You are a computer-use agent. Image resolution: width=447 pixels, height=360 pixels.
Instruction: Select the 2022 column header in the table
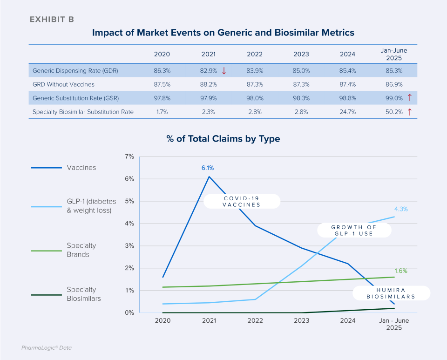pyautogui.click(x=255, y=54)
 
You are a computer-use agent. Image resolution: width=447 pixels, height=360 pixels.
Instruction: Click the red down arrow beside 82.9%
pyautogui.click(x=224, y=71)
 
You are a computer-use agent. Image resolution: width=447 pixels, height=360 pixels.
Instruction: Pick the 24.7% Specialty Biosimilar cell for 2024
pyautogui.click(x=347, y=112)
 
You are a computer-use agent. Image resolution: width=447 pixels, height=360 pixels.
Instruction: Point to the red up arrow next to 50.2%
pyautogui.click(x=410, y=112)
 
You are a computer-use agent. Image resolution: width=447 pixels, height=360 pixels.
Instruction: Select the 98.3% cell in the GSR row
pyautogui.click(x=301, y=98)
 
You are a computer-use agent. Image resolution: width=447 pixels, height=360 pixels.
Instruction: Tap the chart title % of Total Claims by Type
pyautogui.click(x=223, y=139)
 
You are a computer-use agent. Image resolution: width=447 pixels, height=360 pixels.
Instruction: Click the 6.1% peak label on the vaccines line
pyautogui.click(x=208, y=168)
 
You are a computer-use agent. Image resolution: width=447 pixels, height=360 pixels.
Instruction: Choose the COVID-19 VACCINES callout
pyautogui.click(x=242, y=201)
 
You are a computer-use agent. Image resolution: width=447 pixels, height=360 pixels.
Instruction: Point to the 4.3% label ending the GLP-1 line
pyautogui.click(x=400, y=209)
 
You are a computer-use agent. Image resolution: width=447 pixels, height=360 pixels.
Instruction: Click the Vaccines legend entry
pyautogui.click(x=81, y=168)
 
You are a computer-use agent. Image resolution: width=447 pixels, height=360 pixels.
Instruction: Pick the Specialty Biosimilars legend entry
pyautogui.click(x=84, y=294)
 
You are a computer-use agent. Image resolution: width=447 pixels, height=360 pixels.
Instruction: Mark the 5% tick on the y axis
pyautogui.click(x=129, y=201)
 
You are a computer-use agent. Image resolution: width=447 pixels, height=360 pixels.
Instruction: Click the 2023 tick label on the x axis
pyautogui.click(x=301, y=321)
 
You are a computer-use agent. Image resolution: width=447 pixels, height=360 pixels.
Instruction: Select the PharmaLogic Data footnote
pyautogui.click(x=47, y=347)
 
